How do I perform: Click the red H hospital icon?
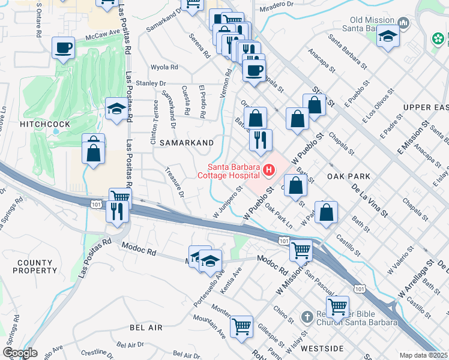[x=269, y=171]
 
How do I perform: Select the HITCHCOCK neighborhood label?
[x=44, y=124]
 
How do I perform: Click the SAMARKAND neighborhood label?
[x=187, y=143]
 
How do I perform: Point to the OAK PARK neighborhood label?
[x=349, y=176]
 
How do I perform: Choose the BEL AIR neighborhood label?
[x=146, y=328]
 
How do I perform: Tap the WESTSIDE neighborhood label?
[x=322, y=349]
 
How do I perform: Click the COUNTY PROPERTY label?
[x=35, y=267]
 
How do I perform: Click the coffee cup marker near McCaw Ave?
[x=63, y=47]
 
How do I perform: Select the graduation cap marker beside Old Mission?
[x=388, y=36]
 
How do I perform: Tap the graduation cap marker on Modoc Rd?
[x=210, y=260]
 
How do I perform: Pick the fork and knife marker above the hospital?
[x=260, y=140]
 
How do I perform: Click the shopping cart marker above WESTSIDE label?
[x=338, y=306]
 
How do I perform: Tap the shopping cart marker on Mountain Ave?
[x=241, y=326]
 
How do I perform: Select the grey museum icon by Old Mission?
[x=403, y=23]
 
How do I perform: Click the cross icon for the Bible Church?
[x=306, y=316]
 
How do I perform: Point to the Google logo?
[x=20, y=353]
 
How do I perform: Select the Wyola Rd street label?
[x=164, y=67]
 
